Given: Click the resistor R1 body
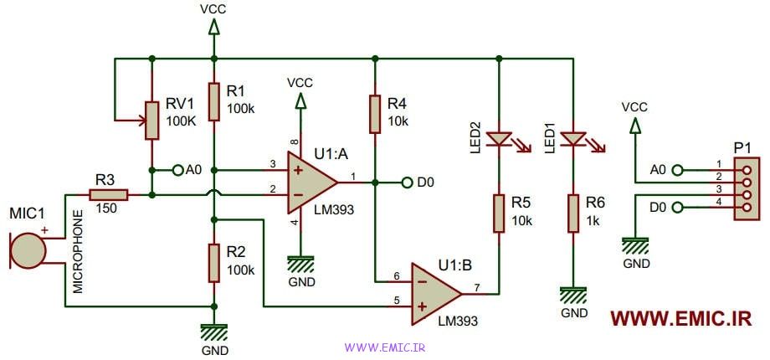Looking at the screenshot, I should (214, 101).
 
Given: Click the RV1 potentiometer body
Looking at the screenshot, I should (151, 120).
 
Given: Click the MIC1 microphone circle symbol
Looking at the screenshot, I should (28, 250).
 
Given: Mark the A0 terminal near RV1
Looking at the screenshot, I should (177, 170).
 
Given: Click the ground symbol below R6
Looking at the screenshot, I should (573, 295).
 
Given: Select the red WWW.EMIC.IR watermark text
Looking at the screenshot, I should (680, 319).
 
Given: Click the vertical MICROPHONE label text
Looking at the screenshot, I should (78, 250).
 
